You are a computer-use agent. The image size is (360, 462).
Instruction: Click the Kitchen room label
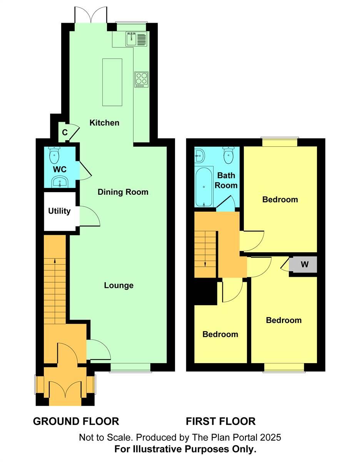(x=104, y=123)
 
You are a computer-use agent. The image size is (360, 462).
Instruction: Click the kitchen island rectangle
(x=112, y=82)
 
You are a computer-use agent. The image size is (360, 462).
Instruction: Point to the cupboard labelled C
(x=65, y=132)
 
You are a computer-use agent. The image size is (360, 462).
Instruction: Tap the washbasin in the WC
(x=60, y=181)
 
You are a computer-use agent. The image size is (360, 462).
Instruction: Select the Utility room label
(x=59, y=211)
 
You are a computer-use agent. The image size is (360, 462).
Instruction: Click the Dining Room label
(x=123, y=192)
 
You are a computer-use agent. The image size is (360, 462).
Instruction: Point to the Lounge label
(x=119, y=285)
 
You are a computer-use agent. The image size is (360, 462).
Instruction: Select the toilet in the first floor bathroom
(x=228, y=156)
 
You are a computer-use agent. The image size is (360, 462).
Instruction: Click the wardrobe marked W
(x=305, y=264)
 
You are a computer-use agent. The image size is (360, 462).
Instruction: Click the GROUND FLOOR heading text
(x=76, y=421)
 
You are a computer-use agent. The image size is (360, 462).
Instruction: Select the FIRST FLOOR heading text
(x=221, y=421)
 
